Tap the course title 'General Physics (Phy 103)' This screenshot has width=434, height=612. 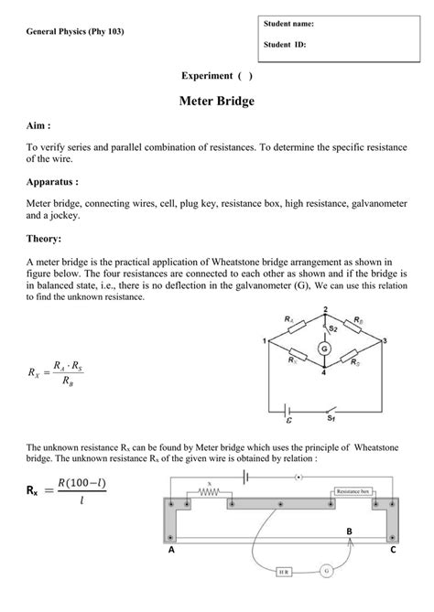click(x=75, y=31)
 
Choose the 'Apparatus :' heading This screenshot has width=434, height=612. click(x=52, y=181)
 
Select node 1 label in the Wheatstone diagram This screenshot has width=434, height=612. click(x=263, y=341)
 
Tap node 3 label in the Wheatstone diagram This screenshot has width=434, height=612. click(x=385, y=340)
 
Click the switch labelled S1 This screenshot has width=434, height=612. click(x=331, y=412)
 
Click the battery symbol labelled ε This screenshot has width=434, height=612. click(x=290, y=411)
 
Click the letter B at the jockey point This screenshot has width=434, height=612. click(x=348, y=531)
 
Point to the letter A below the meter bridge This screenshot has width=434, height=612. click(x=171, y=552)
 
